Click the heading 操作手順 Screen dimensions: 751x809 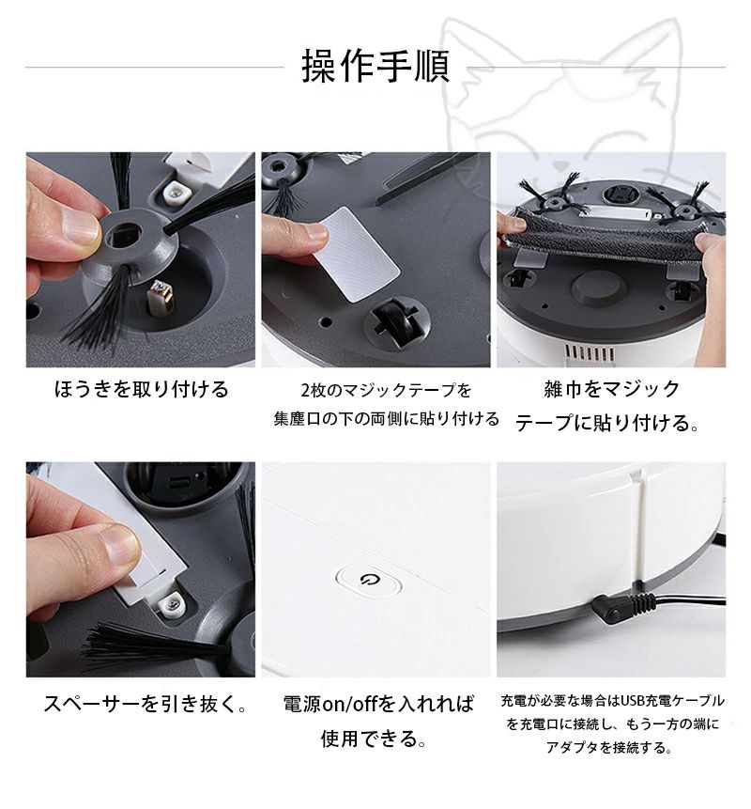[375, 67]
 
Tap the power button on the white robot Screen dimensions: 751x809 [368, 581]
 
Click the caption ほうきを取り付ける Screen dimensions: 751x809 [141, 388]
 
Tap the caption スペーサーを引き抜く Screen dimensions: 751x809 [146, 704]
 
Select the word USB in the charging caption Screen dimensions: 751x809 [633, 700]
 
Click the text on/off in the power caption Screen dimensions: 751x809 [352, 704]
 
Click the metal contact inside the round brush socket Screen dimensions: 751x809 [160, 298]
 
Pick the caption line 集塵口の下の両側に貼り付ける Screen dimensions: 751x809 [387, 418]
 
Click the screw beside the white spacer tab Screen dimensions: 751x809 [171, 606]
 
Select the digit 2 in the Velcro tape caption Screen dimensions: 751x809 [305, 391]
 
